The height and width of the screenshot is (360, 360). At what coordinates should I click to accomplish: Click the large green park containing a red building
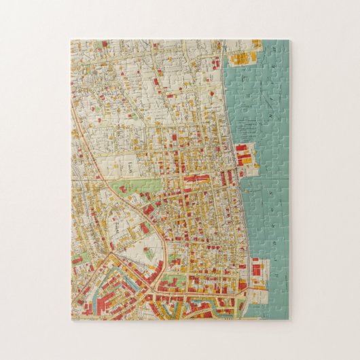point(139,185)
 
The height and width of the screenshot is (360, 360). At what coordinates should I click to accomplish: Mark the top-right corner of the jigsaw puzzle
point(289,40)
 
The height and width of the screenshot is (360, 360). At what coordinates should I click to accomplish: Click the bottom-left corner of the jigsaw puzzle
point(71,320)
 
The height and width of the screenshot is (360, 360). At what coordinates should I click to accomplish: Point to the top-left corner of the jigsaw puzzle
point(71,40)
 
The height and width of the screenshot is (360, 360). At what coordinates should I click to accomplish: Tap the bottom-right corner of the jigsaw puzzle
point(289,320)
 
